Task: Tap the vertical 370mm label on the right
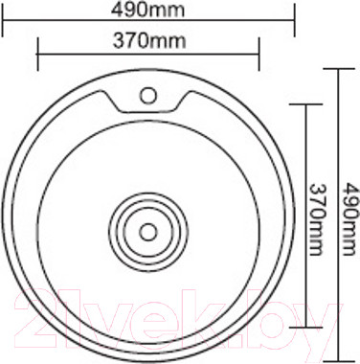[x=320, y=214]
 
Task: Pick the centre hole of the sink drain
[x=147, y=231]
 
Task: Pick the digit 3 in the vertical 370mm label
[x=320, y=187]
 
